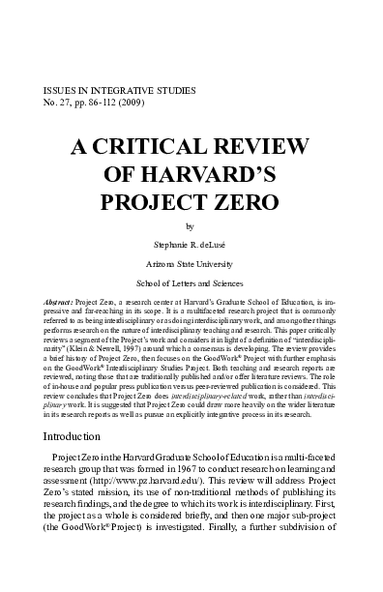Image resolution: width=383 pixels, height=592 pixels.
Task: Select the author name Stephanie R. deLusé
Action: [x=191, y=246]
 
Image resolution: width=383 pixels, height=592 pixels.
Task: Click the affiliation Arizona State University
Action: [x=191, y=264]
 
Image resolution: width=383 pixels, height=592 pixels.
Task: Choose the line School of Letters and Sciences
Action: [x=191, y=282]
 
